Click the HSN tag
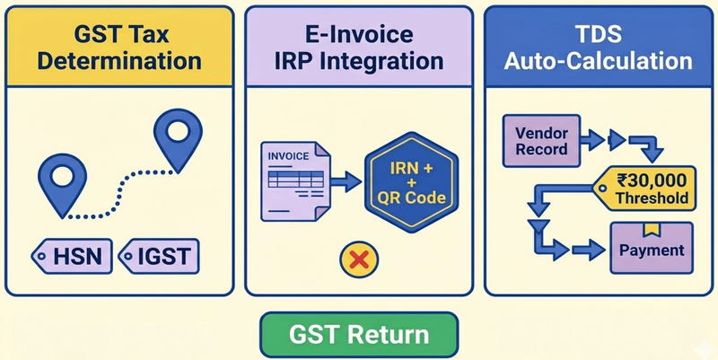[72, 256]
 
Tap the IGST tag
[159, 256]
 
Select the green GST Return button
[359, 335]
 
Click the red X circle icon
[359, 259]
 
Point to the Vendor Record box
[542, 141]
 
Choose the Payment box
[652, 249]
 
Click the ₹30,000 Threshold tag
[644, 189]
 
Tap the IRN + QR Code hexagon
[411, 182]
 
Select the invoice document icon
[295, 181]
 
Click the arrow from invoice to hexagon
[346, 181]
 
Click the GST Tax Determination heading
[119, 48]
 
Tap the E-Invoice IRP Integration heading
[359, 48]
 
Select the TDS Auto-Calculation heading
[599, 48]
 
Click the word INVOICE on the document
[288, 156]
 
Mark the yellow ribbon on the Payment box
[652, 230]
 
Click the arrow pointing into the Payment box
[589, 250]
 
